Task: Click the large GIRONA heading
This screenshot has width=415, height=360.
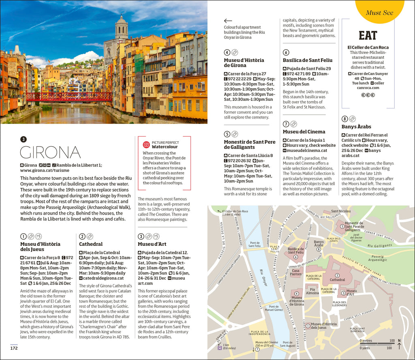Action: tap(50, 152)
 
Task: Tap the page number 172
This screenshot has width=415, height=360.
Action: tap(14, 347)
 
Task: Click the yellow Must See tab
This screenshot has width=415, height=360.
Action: tap(379, 12)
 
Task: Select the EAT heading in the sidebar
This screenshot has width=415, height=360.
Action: tap(368, 36)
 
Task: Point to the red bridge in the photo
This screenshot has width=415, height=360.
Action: tap(69, 97)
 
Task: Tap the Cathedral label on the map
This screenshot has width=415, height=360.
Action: tap(337, 280)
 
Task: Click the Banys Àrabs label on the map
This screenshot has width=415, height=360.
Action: tap(319, 244)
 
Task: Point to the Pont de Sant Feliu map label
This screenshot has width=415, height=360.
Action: tap(255, 244)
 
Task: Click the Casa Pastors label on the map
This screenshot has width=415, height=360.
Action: tap(296, 273)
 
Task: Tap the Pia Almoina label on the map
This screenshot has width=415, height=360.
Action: tap(312, 291)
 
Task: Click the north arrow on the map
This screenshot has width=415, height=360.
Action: tap(399, 345)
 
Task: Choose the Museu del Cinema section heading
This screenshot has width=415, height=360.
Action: tap(304, 132)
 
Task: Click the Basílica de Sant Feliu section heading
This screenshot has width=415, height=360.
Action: tap(308, 60)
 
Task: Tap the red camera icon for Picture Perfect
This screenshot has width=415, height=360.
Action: tap(146, 145)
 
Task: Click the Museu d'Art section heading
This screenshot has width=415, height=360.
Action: tap(152, 244)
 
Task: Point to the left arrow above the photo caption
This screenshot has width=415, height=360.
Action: tap(228, 21)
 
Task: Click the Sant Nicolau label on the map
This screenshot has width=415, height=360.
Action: tap(341, 211)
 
